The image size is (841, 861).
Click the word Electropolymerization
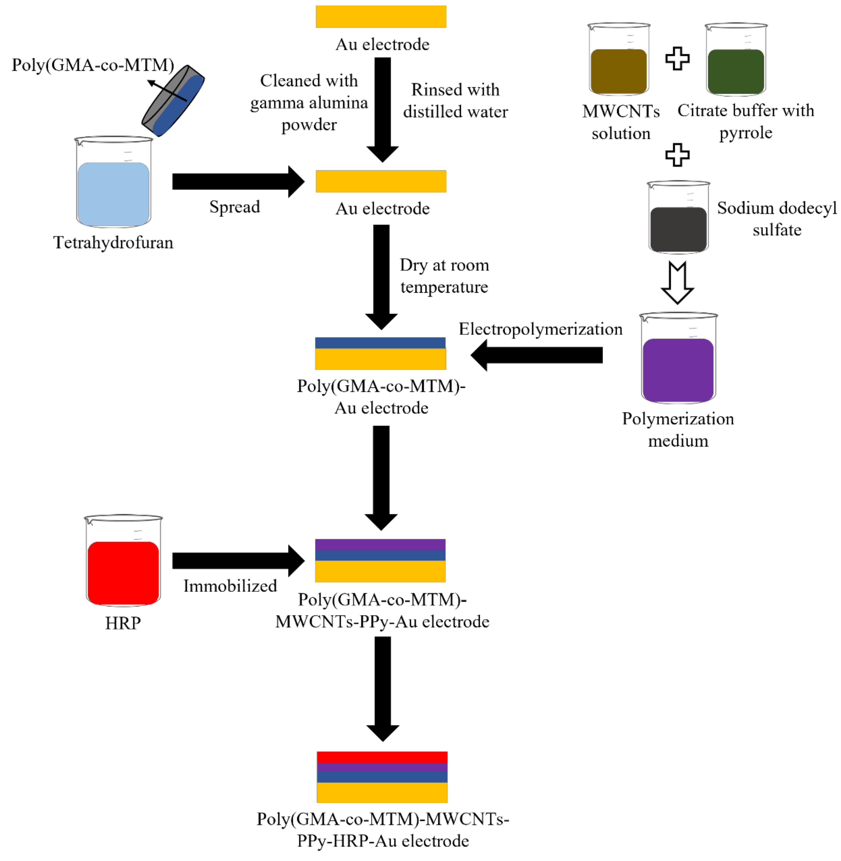(540, 329)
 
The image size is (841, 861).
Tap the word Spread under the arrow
(235, 207)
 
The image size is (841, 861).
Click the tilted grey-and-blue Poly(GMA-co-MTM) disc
(173, 101)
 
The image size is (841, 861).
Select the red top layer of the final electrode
(382, 757)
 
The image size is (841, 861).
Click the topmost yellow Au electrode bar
(381, 16)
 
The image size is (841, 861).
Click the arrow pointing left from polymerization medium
(537, 355)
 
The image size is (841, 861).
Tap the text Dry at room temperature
(444, 276)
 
